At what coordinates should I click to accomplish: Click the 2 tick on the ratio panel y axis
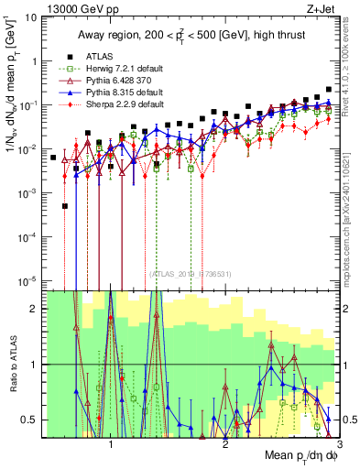coord(37,309)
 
